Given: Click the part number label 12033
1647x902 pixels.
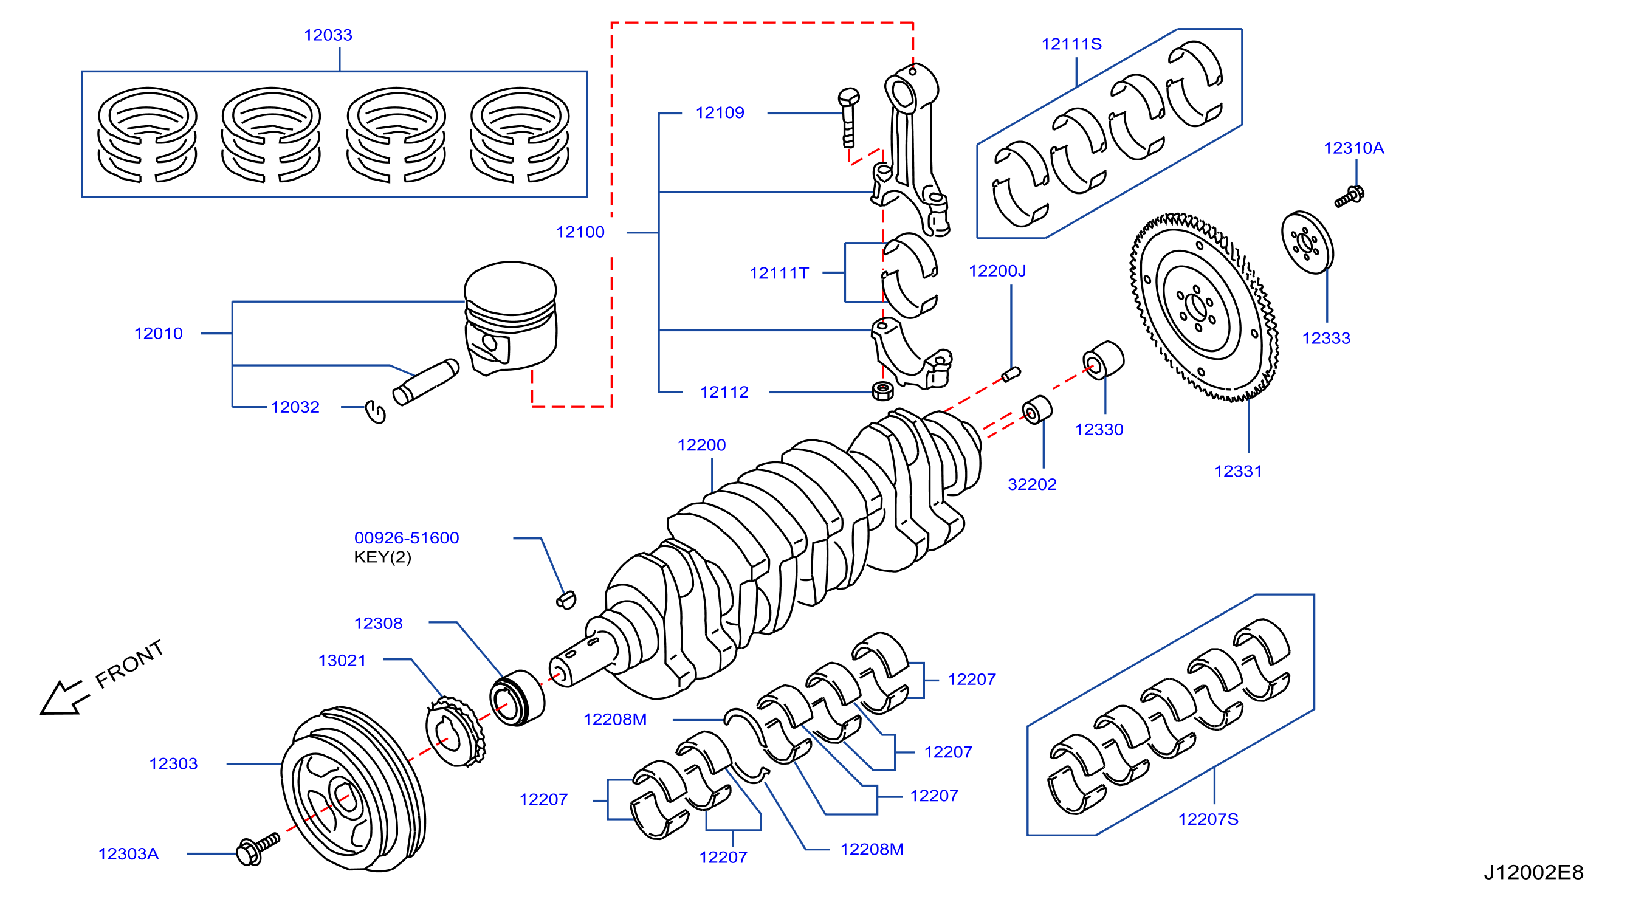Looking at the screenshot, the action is tap(328, 35).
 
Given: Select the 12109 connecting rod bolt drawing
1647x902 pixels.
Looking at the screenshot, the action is tap(848, 119).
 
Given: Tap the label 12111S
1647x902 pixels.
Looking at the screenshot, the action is tap(1071, 44).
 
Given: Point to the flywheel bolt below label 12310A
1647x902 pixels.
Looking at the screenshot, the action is tap(1349, 196).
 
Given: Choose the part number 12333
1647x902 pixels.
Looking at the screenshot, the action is tap(1326, 338).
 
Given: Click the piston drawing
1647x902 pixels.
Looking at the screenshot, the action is tap(511, 318).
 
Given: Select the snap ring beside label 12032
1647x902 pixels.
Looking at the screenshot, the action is tap(376, 411).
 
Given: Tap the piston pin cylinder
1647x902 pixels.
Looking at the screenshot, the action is tap(426, 382).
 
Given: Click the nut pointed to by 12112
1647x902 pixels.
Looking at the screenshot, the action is tap(883, 391).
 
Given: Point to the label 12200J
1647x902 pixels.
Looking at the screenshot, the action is tap(997, 271).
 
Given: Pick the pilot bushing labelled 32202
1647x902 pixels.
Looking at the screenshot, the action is tap(1036, 410).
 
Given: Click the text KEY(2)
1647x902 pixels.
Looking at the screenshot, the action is tap(382, 557).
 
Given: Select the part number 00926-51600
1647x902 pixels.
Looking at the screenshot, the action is tap(407, 539).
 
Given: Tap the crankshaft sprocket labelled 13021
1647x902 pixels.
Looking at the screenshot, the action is tap(455, 732).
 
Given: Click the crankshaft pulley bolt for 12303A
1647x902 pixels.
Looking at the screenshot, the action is tap(258, 849).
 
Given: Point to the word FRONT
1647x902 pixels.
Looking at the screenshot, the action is tap(130, 664).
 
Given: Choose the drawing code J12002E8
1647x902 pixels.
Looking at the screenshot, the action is tap(1533, 873).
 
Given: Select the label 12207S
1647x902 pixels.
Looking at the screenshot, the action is tap(1208, 819).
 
